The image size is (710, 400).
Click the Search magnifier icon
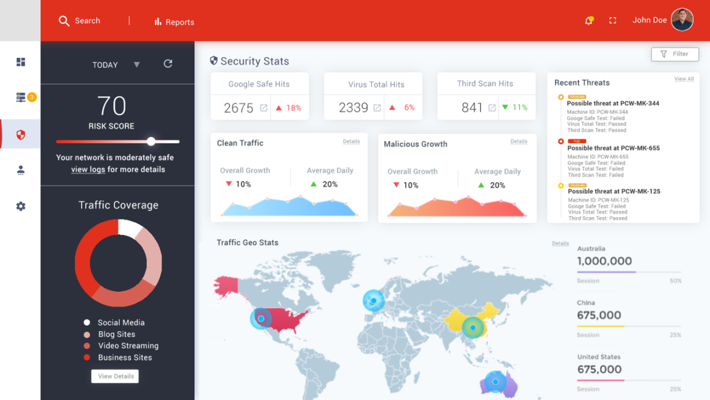[64, 21]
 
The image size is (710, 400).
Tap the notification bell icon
[588, 20]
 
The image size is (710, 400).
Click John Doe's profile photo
[682, 20]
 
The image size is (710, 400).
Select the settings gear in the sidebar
[21, 206]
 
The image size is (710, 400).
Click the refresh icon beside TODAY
[168, 64]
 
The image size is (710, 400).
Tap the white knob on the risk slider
[151, 142]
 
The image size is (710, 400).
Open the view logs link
[88, 169]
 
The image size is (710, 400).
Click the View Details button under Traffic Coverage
[115, 376]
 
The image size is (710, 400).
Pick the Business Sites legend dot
[87, 358]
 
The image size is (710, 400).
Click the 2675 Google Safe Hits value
[239, 108]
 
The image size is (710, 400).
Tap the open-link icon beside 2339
[377, 108]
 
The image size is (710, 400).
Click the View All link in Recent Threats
[684, 79]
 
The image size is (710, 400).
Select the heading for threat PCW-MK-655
[613, 148]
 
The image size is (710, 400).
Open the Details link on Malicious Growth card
[518, 142]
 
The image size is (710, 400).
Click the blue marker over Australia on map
[495, 382]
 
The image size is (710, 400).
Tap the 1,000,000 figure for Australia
[604, 261]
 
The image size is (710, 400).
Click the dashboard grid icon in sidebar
[21, 62]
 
